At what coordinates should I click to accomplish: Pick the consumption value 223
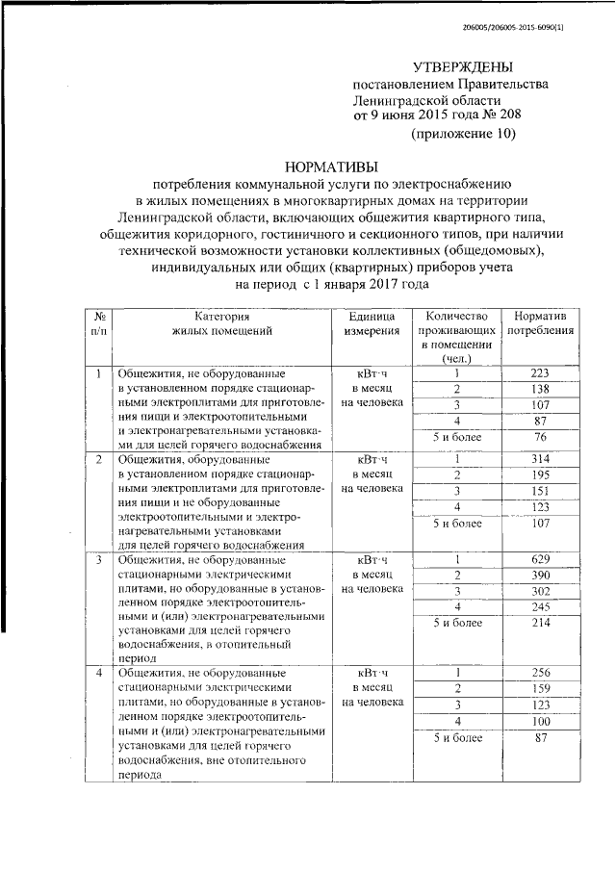pyautogui.click(x=539, y=373)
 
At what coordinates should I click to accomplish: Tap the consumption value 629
pyautogui.click(x=539, y=560)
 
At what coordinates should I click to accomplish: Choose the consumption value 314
pyautogui.click(x=539, y=460)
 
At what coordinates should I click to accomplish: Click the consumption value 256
pyautogui.click(x=539, y=672)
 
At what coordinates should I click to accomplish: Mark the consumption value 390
pyautogui.click(x=539, y=575)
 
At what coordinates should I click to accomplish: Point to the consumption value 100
pyautogui.click(x=539, y=721)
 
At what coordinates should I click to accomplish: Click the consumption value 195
pyautogui.click(x=539, y=475)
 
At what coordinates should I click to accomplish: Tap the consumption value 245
pyautogui.click(x=539, y=606)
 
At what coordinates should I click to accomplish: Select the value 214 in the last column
pyautogui.click(x=539, y=624)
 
